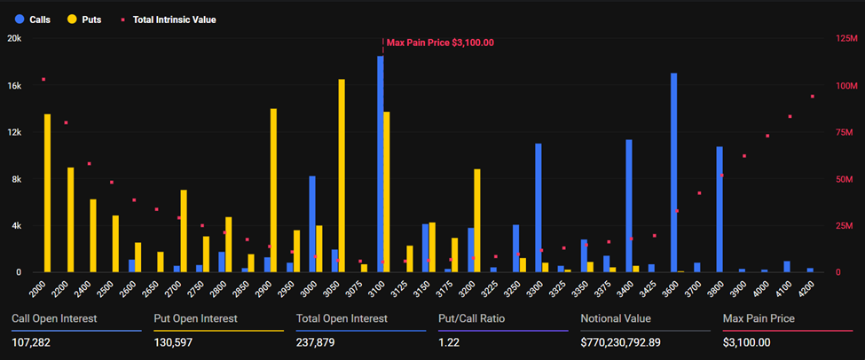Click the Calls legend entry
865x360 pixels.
33,19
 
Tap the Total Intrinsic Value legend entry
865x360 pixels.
166,19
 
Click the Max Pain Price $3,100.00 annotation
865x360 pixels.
440,42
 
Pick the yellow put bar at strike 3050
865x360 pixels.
342,176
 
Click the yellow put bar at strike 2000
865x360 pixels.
48,192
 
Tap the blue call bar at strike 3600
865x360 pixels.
673,172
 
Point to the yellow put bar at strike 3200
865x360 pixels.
477,220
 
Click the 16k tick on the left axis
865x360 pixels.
14,86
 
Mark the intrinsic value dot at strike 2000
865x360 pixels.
43,80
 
